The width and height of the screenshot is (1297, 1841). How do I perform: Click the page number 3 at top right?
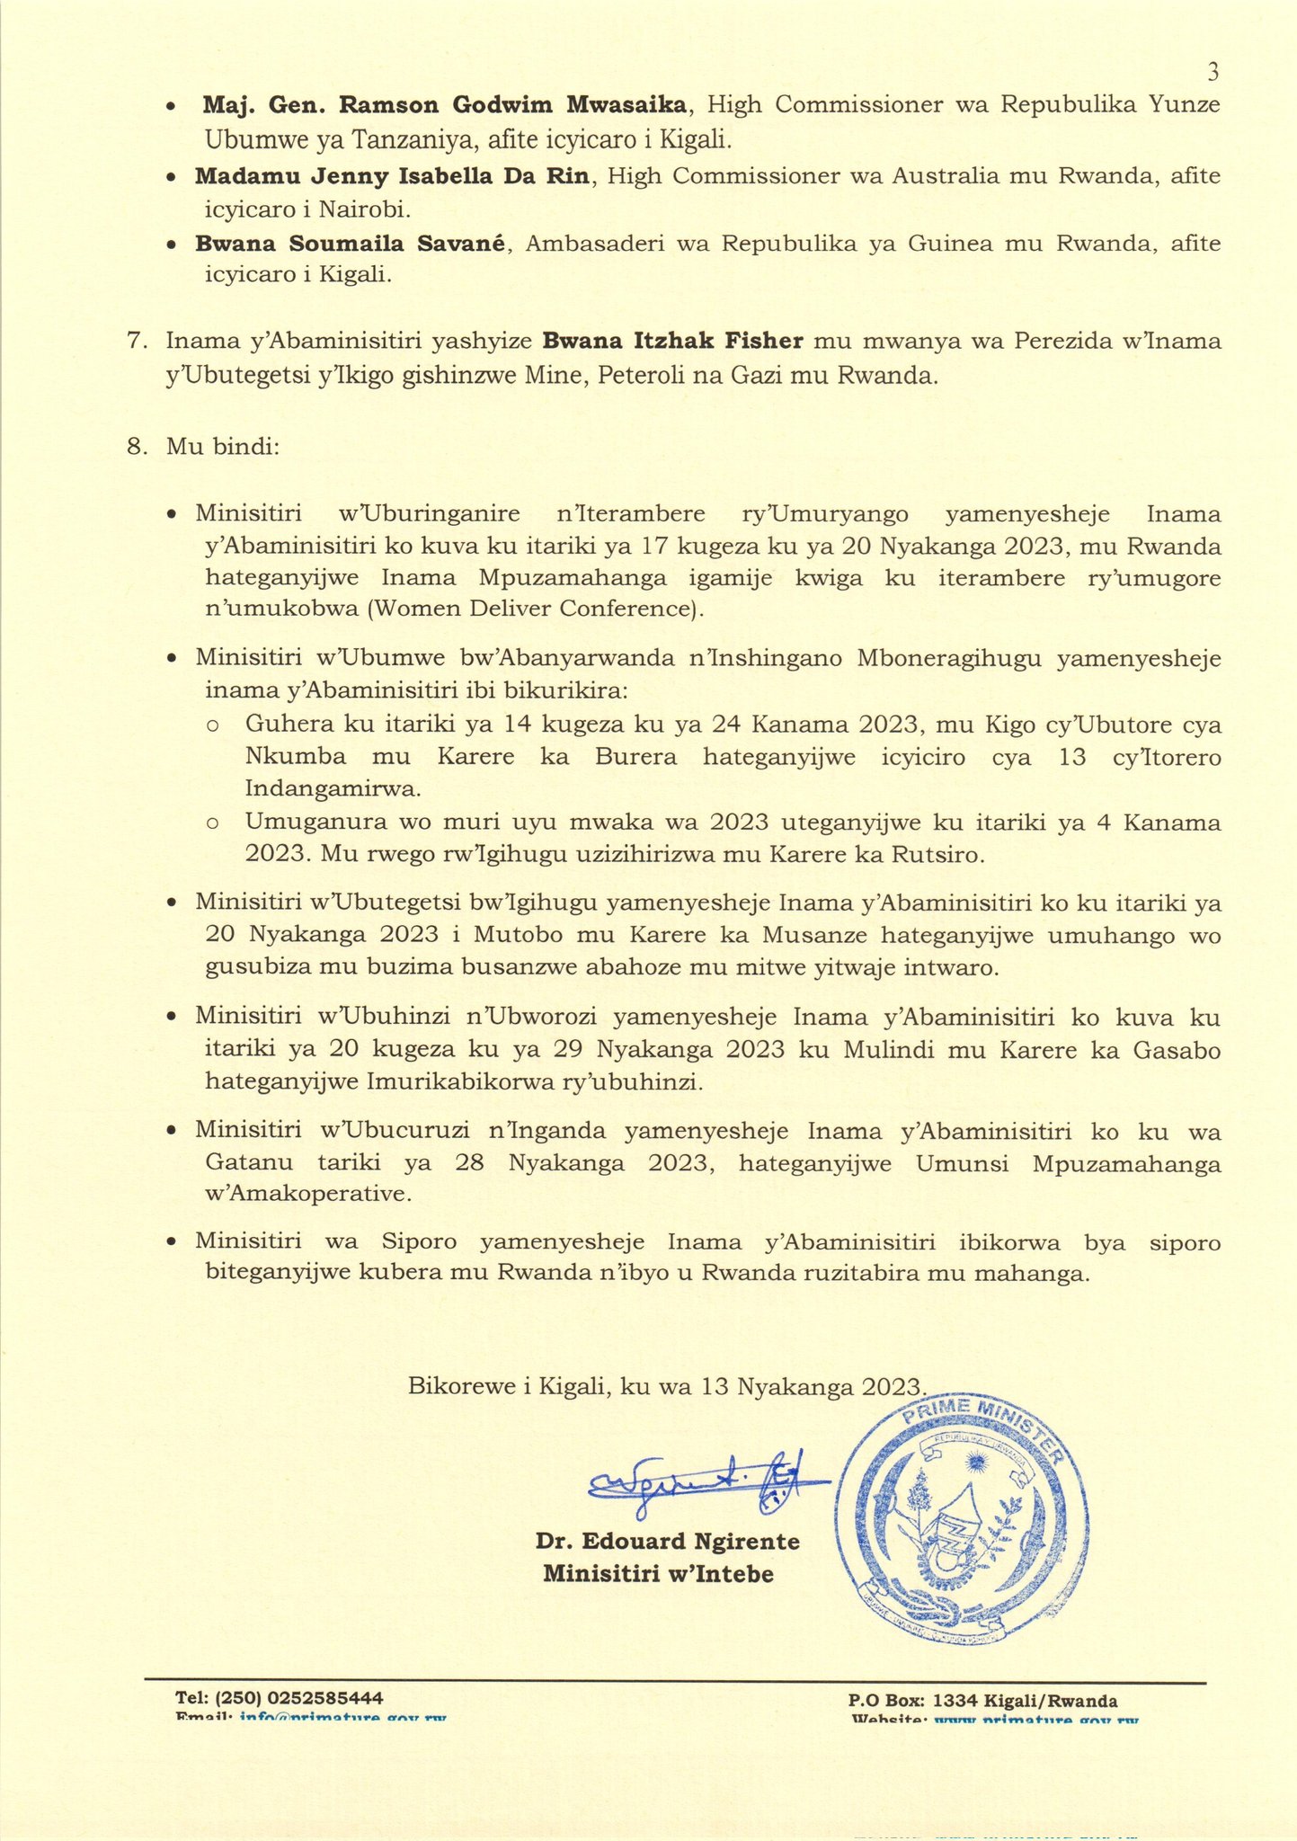(x=1213, y=71)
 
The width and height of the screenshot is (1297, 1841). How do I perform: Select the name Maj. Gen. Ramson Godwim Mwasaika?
(x=446, y=105)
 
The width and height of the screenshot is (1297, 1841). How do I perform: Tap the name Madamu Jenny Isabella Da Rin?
(x=392, y=176)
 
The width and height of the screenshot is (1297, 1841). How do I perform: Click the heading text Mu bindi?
(x=223, y=448)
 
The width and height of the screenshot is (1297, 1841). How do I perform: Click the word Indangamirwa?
(x=333, y=789)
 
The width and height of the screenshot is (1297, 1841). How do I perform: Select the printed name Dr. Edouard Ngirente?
(x=667, y=1542)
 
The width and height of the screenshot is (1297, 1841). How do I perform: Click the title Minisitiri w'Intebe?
(x=658, y=1574)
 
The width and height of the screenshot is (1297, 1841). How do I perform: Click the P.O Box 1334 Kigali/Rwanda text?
(x=982, y=1701)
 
